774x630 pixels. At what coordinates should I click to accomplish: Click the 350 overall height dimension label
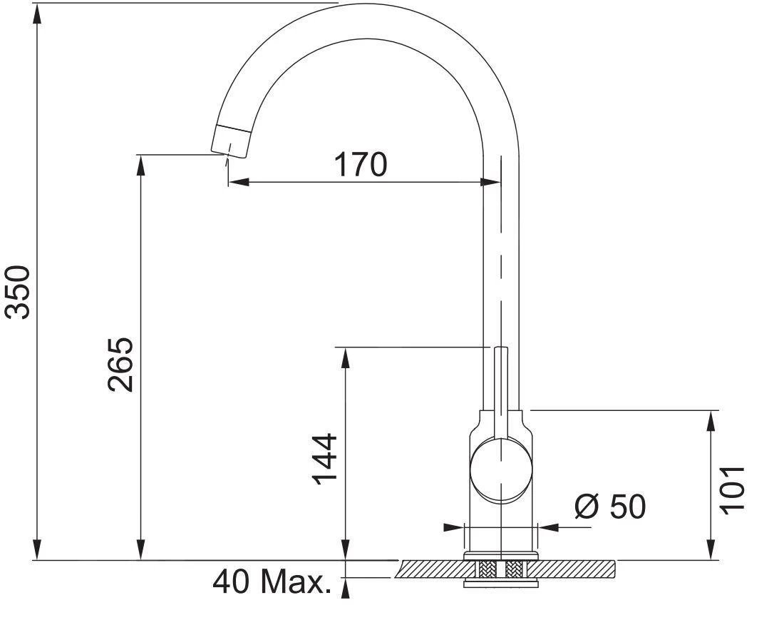tap(18, 292)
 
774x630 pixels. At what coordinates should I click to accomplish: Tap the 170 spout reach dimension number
tap(361, 165)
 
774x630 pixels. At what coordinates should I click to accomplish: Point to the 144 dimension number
tap(326, 459)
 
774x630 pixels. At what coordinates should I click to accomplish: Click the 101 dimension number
tap(732, 489)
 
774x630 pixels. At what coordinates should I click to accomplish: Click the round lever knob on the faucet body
tap(501, 471)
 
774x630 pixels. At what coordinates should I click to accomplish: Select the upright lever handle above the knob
tap(501, 385)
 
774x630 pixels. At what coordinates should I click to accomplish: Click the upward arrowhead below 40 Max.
tap(346, 587)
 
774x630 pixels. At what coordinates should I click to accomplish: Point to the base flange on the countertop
tap(500, 555)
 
